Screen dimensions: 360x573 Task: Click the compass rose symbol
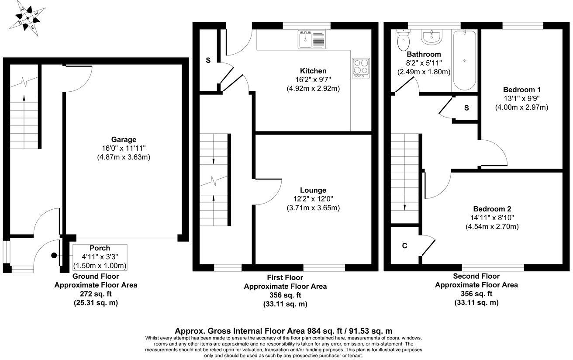[x=28, y=18]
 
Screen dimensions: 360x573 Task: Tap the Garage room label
[x=124, y=140]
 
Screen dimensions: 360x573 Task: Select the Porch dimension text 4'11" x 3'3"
[x=100, y=257]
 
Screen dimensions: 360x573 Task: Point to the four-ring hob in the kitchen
[x=360, y=68]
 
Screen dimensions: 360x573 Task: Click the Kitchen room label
[x=313, y=71]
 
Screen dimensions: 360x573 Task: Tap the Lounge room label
[x=313, y=190]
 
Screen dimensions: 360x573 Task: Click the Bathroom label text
[x=424, y=55]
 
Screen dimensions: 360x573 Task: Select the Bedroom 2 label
[x=492, y=208]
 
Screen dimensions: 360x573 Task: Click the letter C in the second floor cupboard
[x=404, y=246]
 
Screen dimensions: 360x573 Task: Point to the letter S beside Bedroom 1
[x=466, y=108]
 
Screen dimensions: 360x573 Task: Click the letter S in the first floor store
[x=208, y=60]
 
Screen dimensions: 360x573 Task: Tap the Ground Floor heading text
[x=95, y=276]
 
